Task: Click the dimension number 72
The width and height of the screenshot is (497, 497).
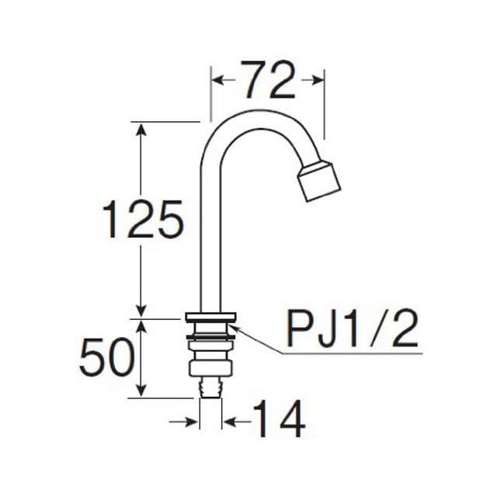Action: pos(268,79)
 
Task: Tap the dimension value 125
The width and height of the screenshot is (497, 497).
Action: pos(143,219)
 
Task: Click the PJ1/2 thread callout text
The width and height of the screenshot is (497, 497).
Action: pos(353,329)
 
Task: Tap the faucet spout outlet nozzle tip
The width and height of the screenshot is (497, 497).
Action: pos(319,181)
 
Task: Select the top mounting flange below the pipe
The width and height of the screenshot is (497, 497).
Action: pos(210,316)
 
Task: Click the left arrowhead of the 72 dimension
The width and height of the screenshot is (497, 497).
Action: pos(217,80)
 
